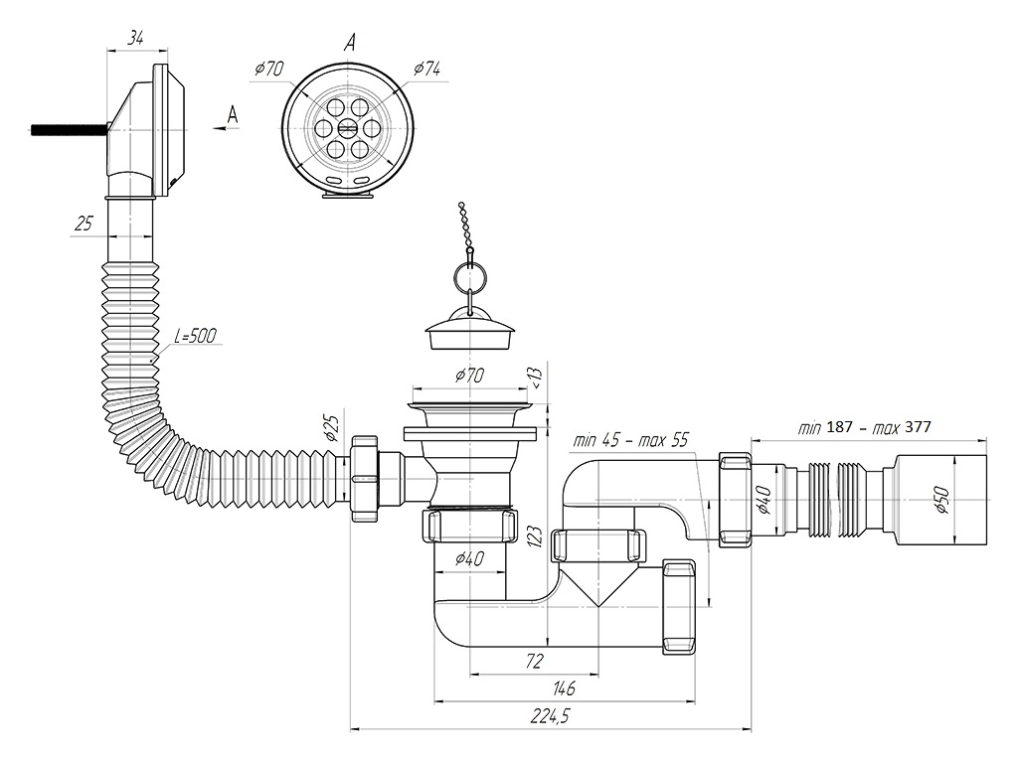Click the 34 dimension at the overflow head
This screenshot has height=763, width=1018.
(135, 39)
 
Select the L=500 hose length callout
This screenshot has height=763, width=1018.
(195, 336)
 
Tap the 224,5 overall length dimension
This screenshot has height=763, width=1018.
(551, 715)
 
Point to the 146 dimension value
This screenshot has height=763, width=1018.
(563, 687)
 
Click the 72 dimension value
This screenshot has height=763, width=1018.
(533, 661)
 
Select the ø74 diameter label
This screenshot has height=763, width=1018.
(426, 69)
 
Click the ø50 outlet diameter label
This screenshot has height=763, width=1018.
(942, 499)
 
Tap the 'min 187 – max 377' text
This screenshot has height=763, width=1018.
(864, 427)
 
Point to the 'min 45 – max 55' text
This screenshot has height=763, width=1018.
(629, 440)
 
